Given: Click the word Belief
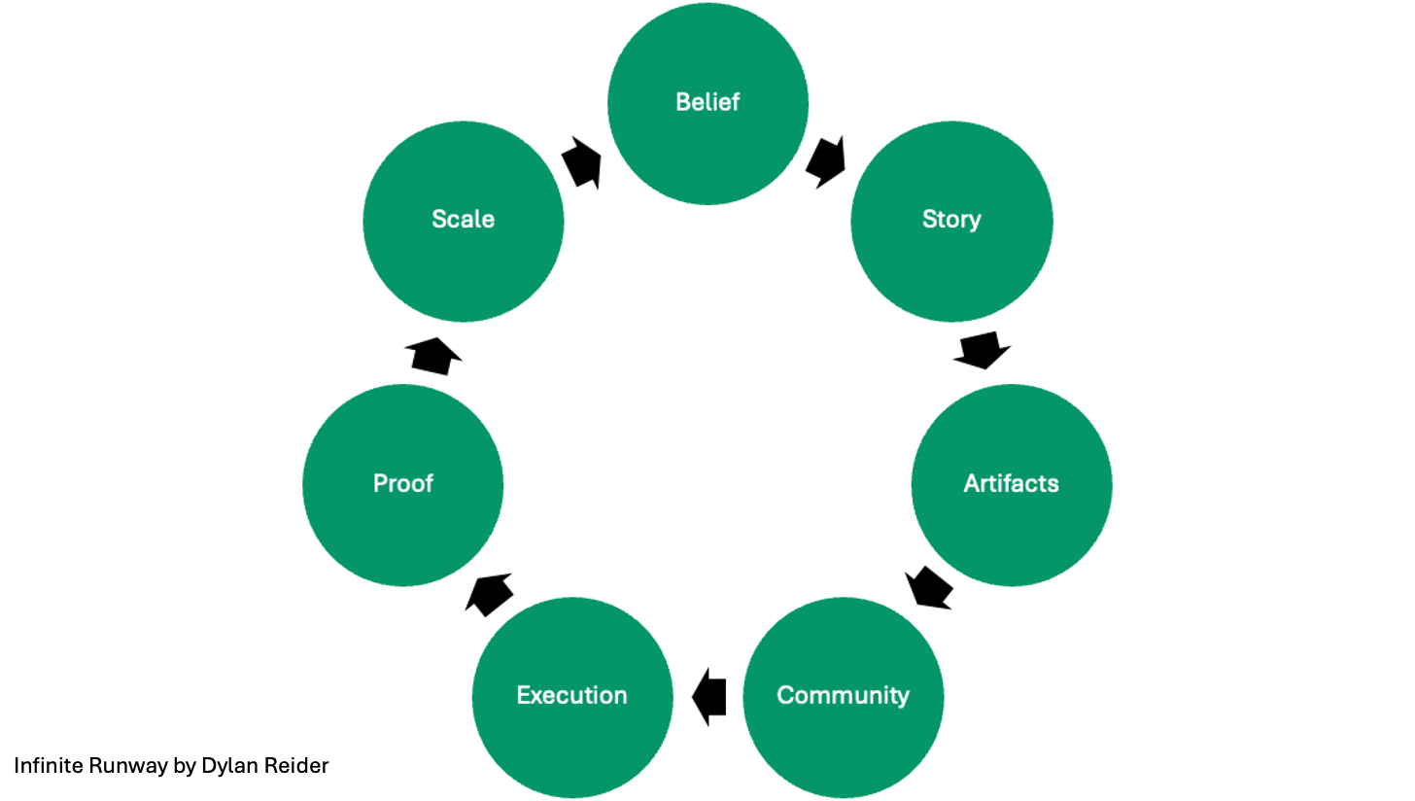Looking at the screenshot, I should pyautogui.click(x=707, y=102).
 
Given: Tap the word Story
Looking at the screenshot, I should pyautogui.click(x=951, y=220).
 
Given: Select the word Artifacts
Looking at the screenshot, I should pyautogui.click(x=1012, y=483).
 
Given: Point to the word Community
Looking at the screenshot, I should pyautogui.click(x=844, y=695).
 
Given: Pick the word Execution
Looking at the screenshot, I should pyautogui.click(x=572, y=695).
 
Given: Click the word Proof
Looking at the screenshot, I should pyautogui.click(x=403, y=483).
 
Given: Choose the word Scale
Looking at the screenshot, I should pyautogui.click(x=464, y=220).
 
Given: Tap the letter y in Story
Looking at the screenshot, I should pyautogui.click(x=975, y=223).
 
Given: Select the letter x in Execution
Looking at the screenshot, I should pyautogui.click(x=535, y=696).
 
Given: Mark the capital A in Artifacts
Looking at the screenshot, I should pyautogui.click(x=971, y=483).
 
